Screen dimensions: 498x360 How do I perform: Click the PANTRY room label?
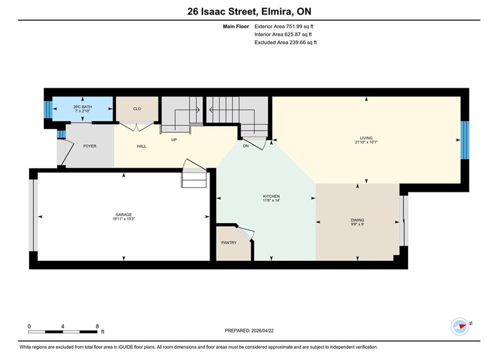tap(229, 242)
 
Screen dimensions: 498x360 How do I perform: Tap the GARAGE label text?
tap(124, 214)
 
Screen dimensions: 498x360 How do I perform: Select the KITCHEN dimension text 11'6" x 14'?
tap(271, 200)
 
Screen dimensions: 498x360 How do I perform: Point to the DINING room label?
tap(357, 220)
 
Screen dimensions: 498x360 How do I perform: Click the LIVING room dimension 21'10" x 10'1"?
tap(366, 142)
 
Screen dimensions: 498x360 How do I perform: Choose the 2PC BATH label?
tap(82, 107)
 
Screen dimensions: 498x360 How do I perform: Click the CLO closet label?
tap(137, 109)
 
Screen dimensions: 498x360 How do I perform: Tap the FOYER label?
tap(90, 146)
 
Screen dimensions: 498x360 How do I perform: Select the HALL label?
tap(142, 146)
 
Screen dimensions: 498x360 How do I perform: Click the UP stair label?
tap(174, 139)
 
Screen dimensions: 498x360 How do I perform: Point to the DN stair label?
tap(246, 146)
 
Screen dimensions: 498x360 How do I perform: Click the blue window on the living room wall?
tap(464, 140)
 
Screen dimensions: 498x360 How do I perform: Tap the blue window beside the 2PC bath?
tap(48, 109)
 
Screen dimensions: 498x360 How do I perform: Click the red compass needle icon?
tap(461, 326)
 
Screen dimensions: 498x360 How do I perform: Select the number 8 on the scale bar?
tap(97, 326)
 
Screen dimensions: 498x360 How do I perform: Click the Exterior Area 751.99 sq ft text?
tap(284, 26)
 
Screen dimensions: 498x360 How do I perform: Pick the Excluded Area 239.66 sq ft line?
tap(285, 42)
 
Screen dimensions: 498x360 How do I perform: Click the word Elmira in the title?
tap(276, 11)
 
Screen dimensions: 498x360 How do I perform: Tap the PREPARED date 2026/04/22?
tap(262, 330)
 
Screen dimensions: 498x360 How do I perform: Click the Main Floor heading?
tap(236, 26)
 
